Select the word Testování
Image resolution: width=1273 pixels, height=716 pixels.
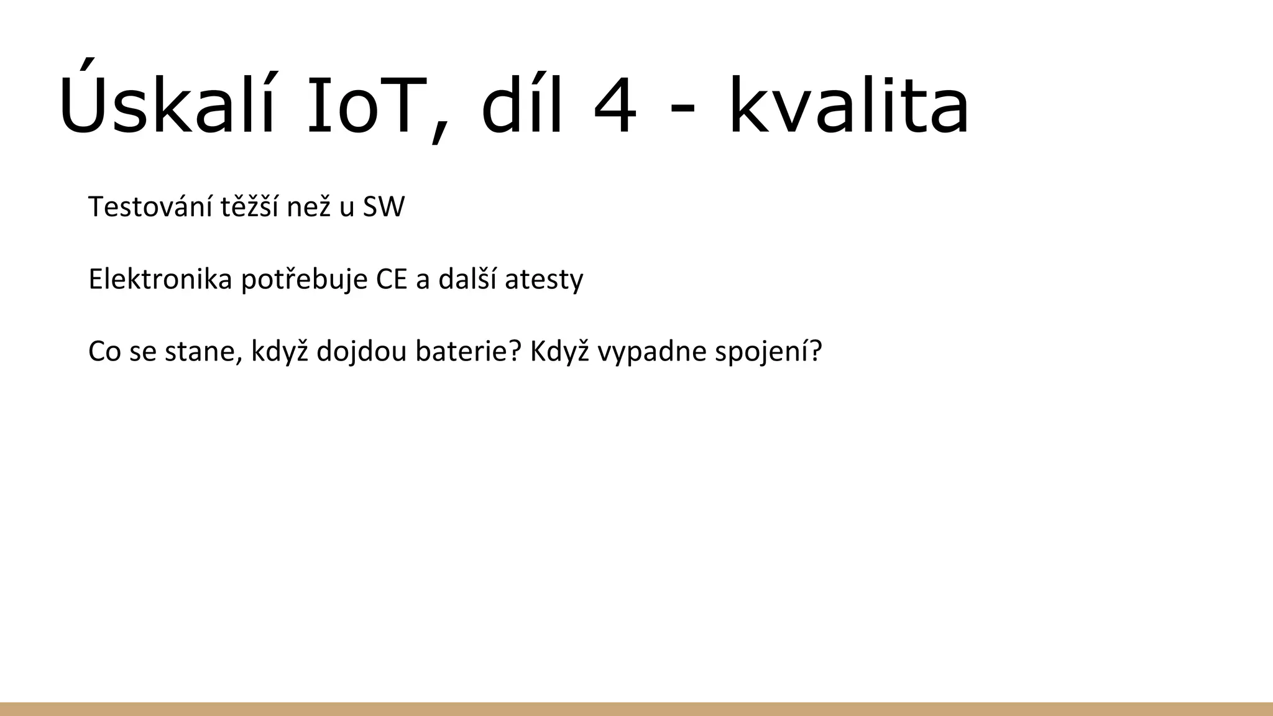(150, 207)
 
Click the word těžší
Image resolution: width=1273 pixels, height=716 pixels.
(250, 207)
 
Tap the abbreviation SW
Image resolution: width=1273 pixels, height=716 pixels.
(383, 207)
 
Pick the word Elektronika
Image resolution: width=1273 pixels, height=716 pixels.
(160, 279)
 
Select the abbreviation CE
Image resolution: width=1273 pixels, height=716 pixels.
(391, 280)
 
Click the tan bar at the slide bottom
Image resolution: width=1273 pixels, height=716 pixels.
(636, 709)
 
